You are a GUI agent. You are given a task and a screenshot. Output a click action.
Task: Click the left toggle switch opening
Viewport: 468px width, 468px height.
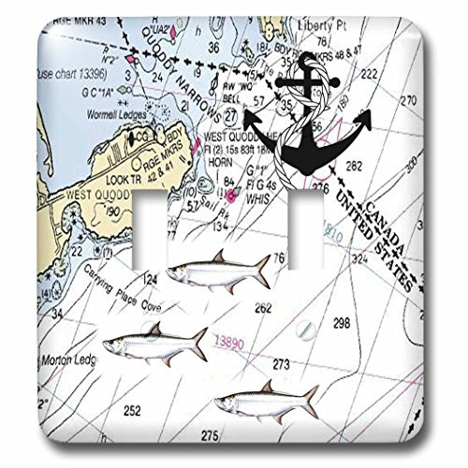173,225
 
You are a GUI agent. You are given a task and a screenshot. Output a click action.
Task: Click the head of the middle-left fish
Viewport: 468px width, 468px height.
112,345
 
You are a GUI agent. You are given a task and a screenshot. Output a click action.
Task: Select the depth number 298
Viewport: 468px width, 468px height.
342,322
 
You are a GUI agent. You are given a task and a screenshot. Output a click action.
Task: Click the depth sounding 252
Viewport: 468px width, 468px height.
133,412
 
